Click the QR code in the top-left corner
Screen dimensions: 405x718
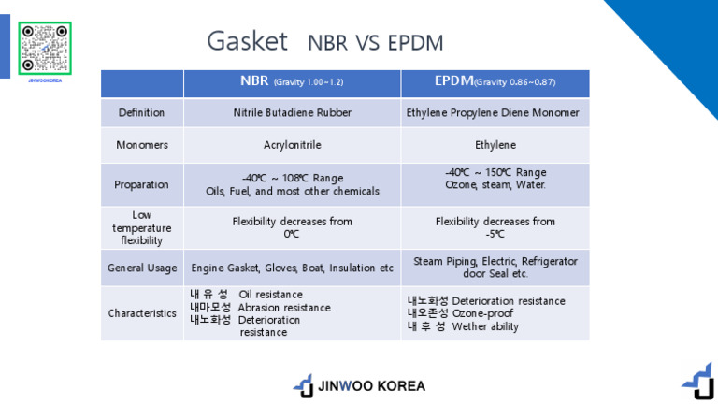coord(45,48)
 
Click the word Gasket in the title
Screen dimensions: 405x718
coord(247,41)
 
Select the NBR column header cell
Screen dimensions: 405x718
coord(292,82)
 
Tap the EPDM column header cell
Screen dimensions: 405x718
coord(495,82)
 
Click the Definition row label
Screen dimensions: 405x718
coord(141,113)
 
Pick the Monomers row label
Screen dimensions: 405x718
coord(141,146)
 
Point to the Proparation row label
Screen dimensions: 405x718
coord(141,184)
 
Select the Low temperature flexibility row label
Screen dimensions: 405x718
coord(141,227)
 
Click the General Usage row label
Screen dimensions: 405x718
coord(141,268)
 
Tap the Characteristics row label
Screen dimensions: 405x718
coord(141,313)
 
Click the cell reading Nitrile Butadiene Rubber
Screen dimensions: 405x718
coord(292,113)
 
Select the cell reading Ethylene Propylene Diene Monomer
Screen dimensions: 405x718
coord(495,113)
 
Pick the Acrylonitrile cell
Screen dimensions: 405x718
coord(292,146)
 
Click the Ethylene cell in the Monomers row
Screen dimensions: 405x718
coord(495,146)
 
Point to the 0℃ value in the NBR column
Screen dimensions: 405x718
coord(292,234)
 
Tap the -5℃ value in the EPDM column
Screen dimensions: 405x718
coord(495,234)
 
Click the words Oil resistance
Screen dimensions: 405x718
coord(270,295)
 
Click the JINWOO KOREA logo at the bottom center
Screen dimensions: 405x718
coord(359,385)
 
